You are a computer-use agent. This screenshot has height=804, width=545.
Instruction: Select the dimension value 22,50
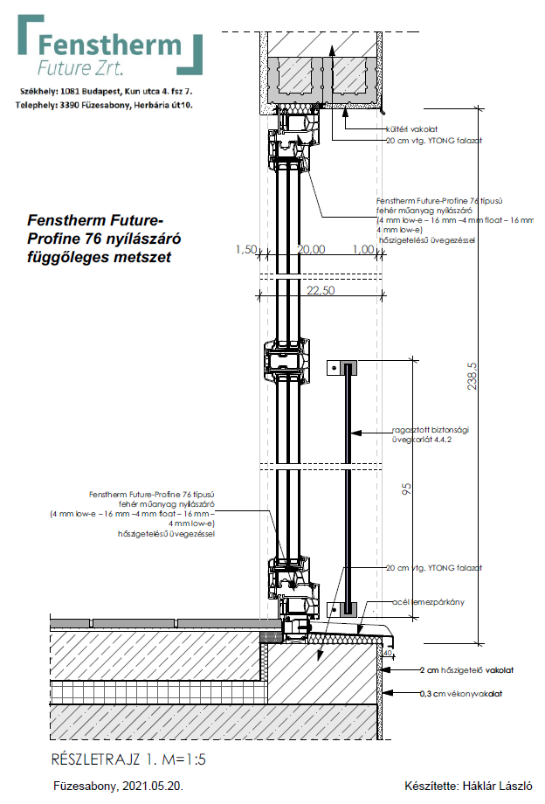[321, 291]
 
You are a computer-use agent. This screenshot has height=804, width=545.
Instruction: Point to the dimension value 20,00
[312, 250]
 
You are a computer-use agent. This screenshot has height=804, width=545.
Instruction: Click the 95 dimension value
[407, 491]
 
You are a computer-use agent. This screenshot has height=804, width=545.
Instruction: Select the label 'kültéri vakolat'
[410, 128]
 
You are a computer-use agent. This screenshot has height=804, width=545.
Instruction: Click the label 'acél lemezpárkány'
[425, 602]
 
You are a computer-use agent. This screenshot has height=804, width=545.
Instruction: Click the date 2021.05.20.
[155, 786]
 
